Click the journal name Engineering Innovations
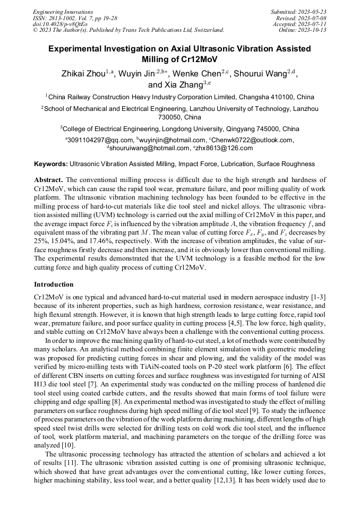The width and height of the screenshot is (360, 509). click(x=63, y=12)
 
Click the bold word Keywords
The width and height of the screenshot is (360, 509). click(x=51, y=164)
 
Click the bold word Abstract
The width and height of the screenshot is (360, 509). click(x=48, y=180)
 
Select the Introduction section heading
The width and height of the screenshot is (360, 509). click(x=54, y=284)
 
